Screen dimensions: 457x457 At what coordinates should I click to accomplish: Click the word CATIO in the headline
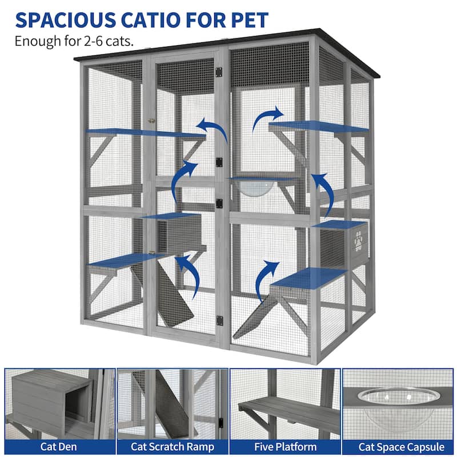(150, 20)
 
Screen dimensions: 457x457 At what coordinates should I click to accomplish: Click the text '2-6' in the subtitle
(93, 41)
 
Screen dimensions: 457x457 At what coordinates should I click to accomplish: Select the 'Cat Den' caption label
(58, 447)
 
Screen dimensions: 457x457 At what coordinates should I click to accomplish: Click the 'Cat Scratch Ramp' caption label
(173, 447)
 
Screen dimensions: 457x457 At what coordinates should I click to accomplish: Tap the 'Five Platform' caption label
(285, 447)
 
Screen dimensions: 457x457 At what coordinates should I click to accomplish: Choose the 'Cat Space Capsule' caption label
(402, 447)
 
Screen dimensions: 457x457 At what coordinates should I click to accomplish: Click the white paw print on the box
(359, 240)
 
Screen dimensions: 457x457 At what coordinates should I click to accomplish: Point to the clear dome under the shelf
(254, 188)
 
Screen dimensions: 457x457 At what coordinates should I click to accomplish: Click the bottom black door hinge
(219, 320)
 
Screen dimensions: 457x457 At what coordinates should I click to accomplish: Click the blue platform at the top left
(146, 133)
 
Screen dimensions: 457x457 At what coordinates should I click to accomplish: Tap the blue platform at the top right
(319, 127)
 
